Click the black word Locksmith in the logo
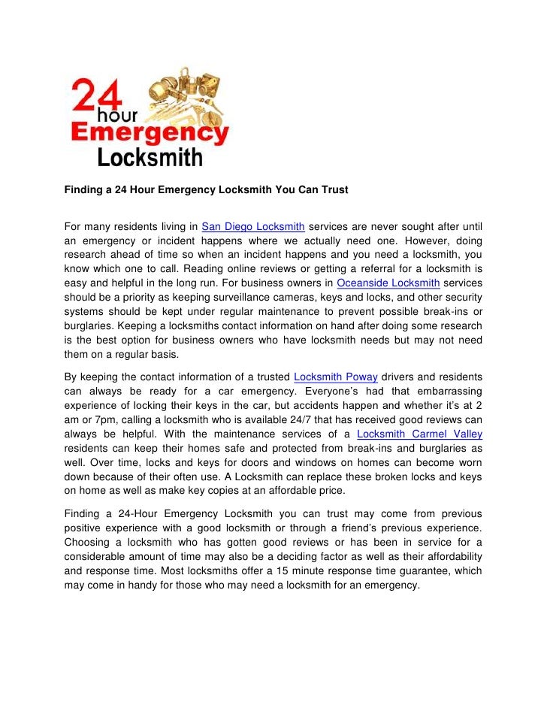tap(150, 159)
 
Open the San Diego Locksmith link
tap(253, 226)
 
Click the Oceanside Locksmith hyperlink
tap(388, 283)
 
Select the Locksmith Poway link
tap(337, 376)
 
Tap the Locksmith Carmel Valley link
tap(419, 434)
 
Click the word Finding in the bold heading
tap(85, 190)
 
